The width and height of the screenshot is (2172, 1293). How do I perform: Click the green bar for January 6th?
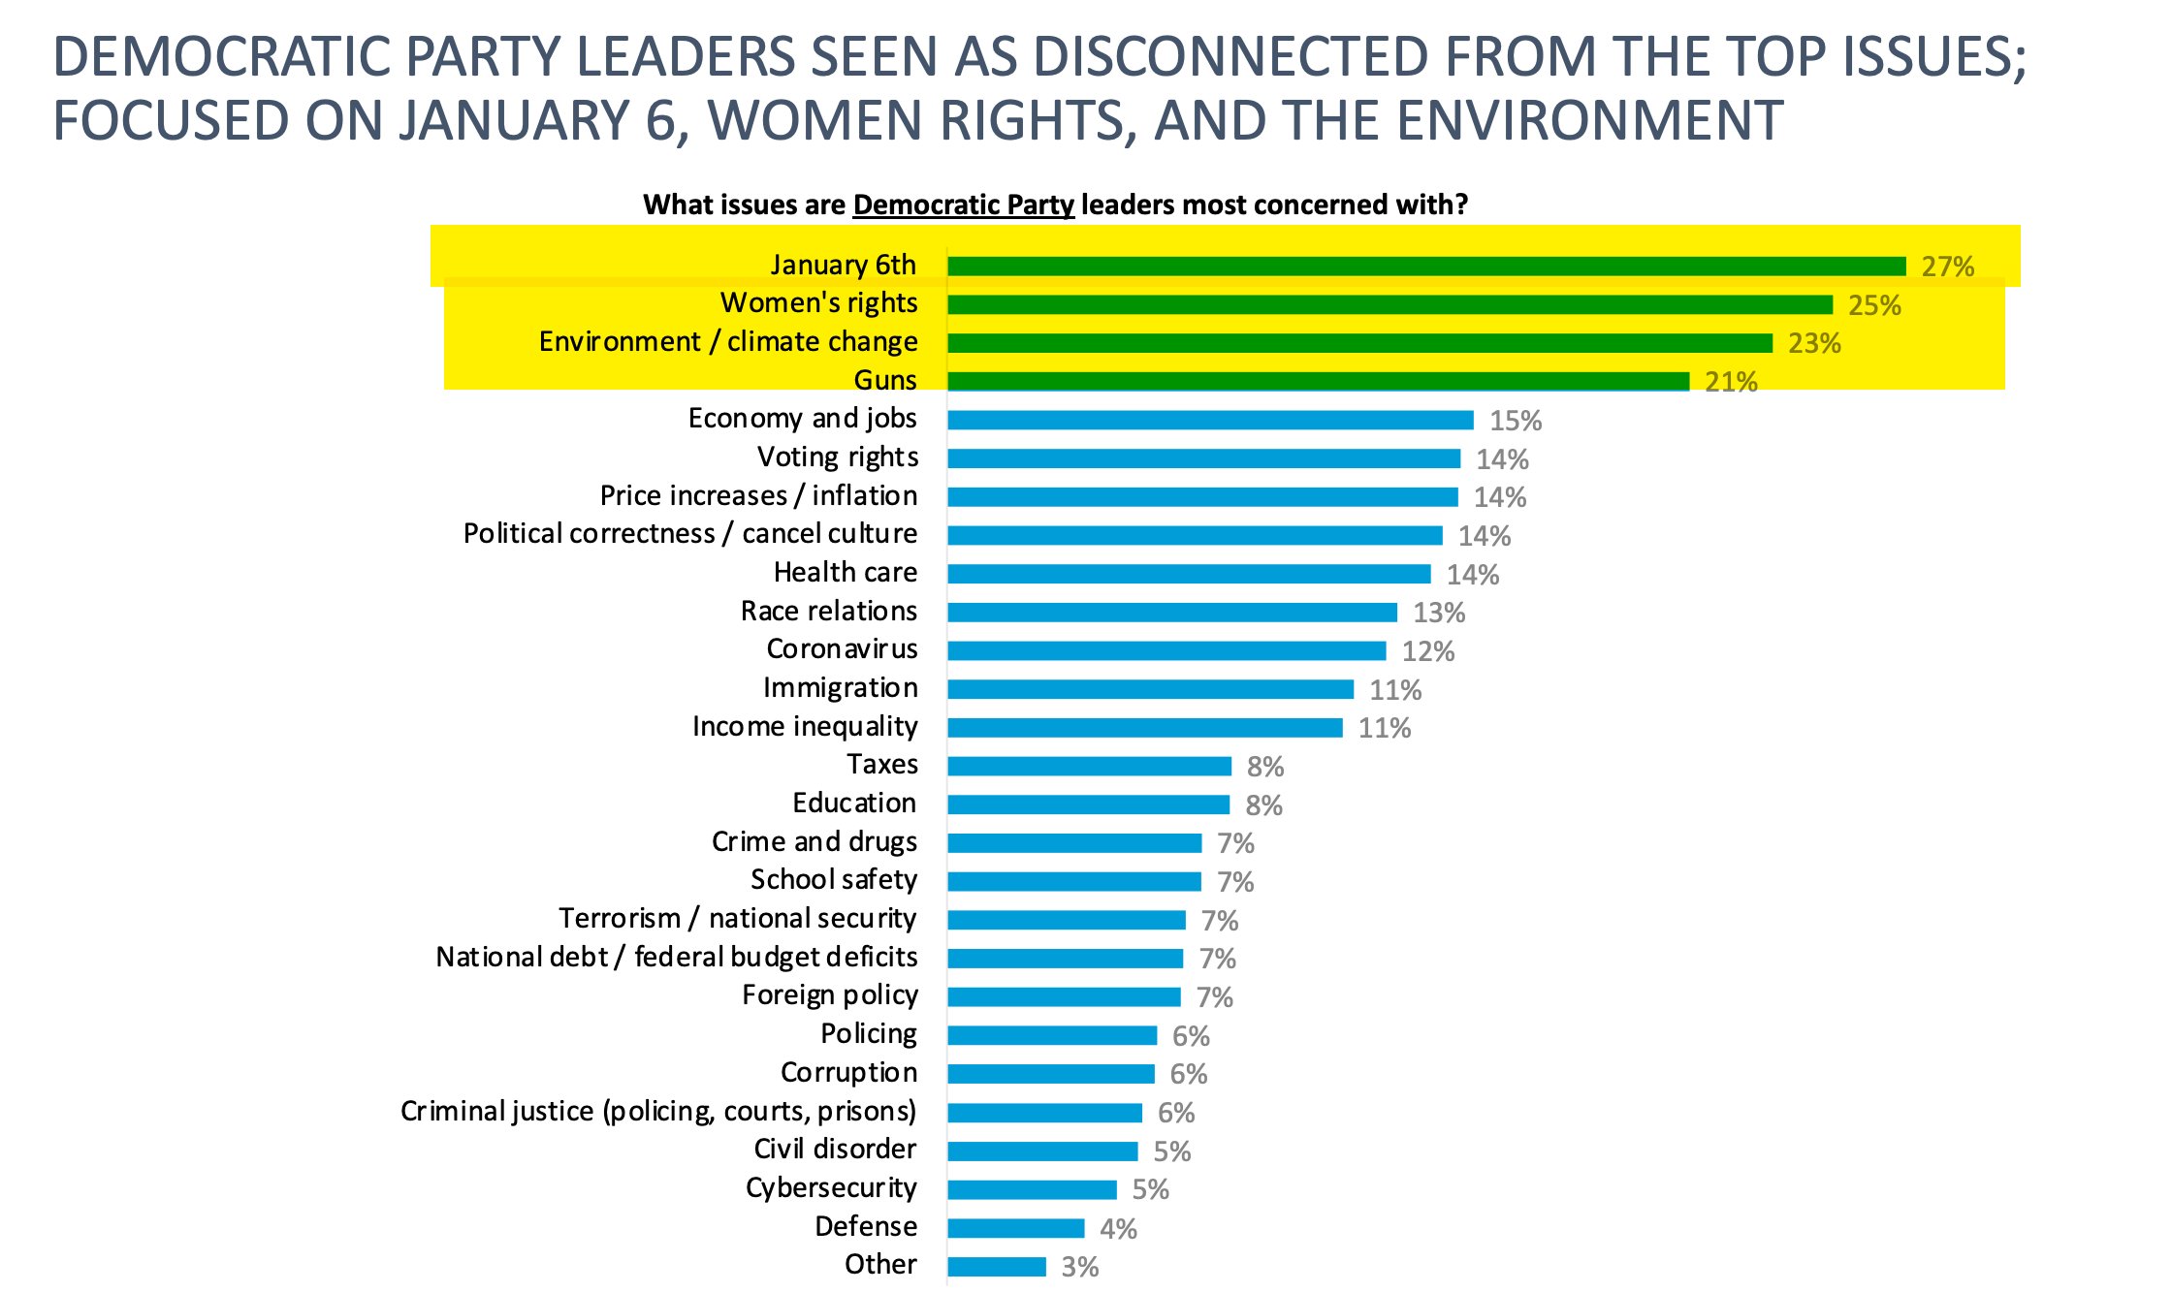(1425, 267)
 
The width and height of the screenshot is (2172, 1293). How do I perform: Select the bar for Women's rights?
(1389, 304)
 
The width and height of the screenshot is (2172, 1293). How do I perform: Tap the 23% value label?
(1813, 343)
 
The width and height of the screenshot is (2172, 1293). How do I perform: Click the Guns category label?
(884, 380)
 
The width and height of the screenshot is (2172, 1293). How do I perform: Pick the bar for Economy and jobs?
(1210, 420)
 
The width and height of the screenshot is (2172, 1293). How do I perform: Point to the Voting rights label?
(837, 457)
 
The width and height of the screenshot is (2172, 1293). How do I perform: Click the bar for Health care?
(1189, 574)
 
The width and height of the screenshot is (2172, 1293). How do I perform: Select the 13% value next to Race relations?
(1438, 613)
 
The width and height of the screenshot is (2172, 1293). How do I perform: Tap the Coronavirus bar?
(1166, 650)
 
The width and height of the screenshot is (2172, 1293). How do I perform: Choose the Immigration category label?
(840, 687)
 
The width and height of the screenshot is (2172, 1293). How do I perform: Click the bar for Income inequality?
(1144, 727)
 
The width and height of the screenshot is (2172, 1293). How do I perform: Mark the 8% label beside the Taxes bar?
(1264, 767)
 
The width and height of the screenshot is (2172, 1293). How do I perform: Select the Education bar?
(1088, 804)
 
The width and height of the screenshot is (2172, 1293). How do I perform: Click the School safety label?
(833, 879)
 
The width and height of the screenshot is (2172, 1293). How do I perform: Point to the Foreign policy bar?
(1064, 996)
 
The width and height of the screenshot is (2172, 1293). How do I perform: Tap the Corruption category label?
(848, 1072)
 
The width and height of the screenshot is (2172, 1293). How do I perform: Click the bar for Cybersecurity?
(1032, 1189)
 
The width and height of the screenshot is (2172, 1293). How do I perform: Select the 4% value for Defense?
(1117, 1229)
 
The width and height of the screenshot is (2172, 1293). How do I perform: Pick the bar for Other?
(997, 1267)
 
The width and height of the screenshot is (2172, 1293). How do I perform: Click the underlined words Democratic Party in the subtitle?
(963, 205)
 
